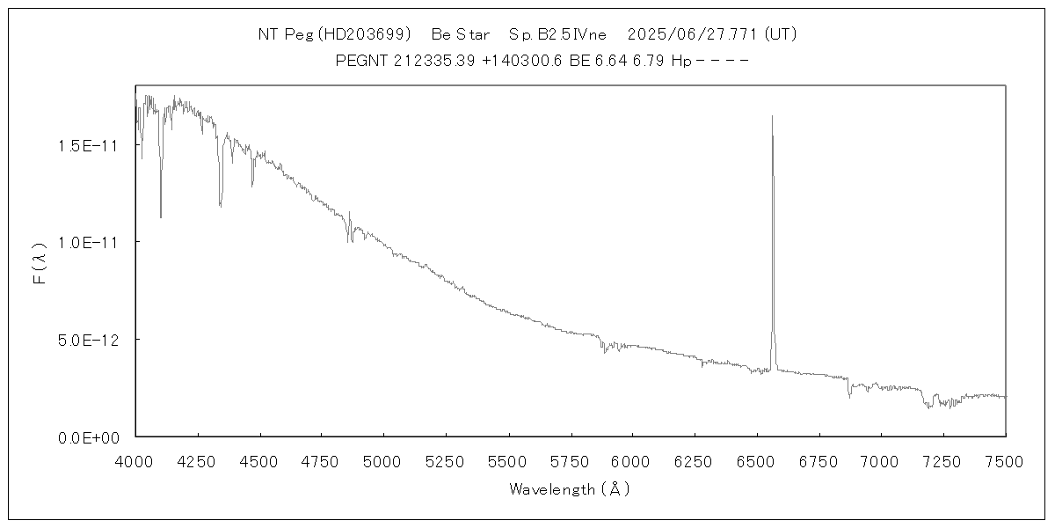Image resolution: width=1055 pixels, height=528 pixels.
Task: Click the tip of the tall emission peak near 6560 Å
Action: click(x=772, y=116)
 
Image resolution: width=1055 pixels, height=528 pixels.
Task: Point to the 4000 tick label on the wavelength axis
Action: click(x=135, y=461)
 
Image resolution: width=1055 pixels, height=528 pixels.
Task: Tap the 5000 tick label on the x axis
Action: click(x=383, y=461)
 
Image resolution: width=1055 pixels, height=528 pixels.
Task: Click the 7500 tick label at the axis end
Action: click(x=1005, y=461)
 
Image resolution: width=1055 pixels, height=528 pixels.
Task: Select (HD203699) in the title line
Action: click(x=364, y=35)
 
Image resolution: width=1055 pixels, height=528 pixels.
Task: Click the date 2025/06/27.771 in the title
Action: click(x=692, y=35)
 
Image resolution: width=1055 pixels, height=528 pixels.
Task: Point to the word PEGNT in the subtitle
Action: click(x=360, y=61)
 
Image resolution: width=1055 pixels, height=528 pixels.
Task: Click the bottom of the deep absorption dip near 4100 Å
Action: click(x=160, y=216)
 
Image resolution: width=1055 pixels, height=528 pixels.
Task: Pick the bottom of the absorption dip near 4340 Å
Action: click(x=220, y=207)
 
